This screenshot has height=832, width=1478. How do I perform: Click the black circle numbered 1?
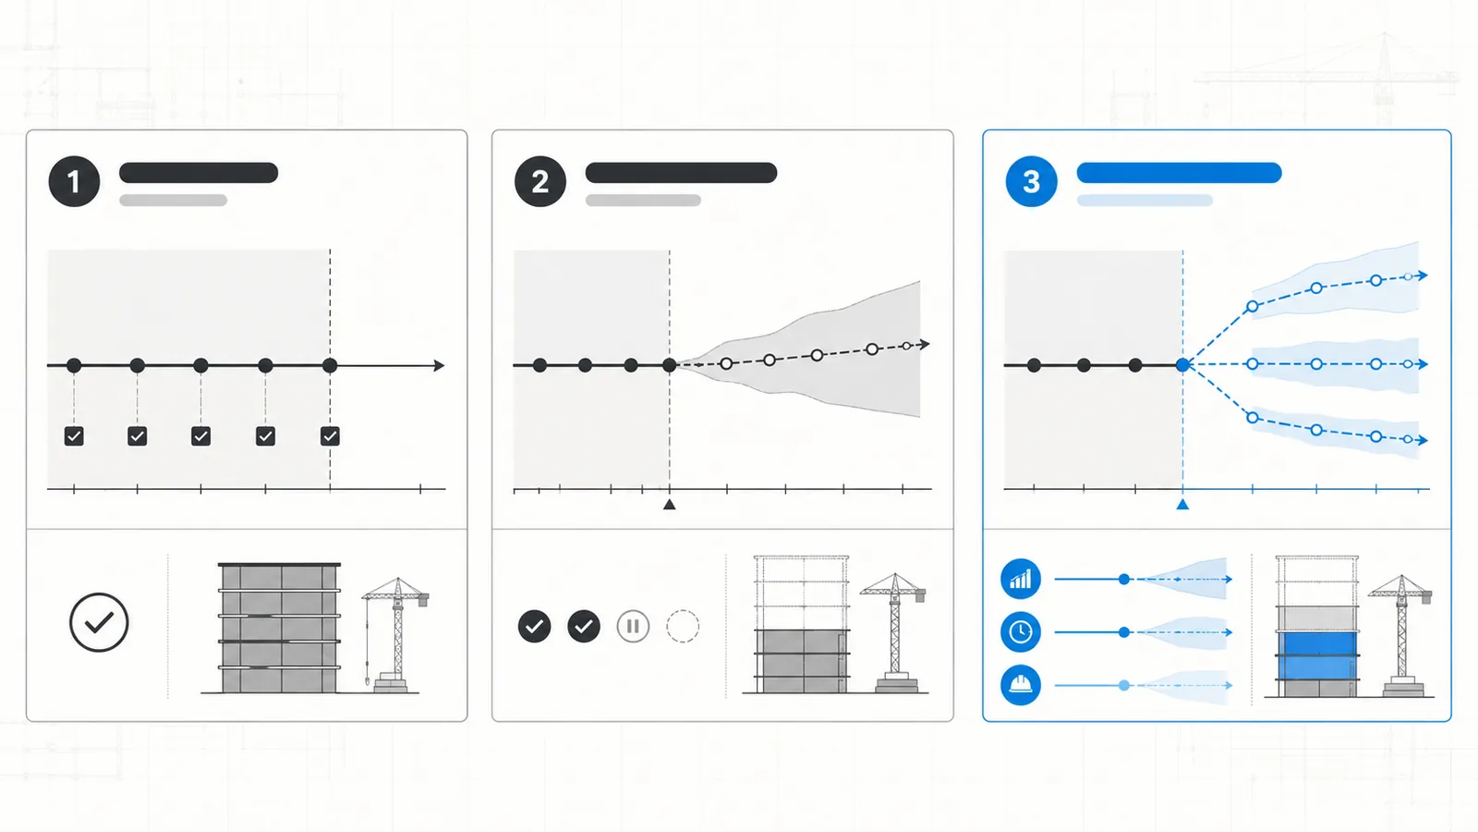74,181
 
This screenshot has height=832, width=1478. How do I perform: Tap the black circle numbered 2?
540,181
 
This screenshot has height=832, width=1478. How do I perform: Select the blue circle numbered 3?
1031,181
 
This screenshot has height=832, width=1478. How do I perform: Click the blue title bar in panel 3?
1179,173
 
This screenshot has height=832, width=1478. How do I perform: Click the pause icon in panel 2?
633,626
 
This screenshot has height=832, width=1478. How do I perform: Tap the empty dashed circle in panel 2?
683,626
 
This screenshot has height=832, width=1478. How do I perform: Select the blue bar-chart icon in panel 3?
1021,579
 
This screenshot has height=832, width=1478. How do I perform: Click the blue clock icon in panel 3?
1021,632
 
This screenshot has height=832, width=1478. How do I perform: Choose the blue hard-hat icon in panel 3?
1021,685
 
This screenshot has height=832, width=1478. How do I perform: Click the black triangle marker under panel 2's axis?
670,505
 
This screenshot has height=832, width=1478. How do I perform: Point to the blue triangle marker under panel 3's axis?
1183,505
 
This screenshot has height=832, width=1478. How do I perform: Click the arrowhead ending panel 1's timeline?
440,365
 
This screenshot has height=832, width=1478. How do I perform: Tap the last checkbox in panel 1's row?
330,436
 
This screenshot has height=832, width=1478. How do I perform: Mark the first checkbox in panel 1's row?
74,436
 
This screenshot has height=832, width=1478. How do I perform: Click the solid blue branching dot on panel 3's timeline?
1183,364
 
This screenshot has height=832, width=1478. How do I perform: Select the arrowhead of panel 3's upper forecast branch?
1423,275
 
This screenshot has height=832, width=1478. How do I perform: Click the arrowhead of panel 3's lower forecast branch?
1423,440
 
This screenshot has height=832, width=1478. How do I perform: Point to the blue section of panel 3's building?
1317,655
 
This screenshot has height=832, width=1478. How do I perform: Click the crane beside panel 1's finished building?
395,635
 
